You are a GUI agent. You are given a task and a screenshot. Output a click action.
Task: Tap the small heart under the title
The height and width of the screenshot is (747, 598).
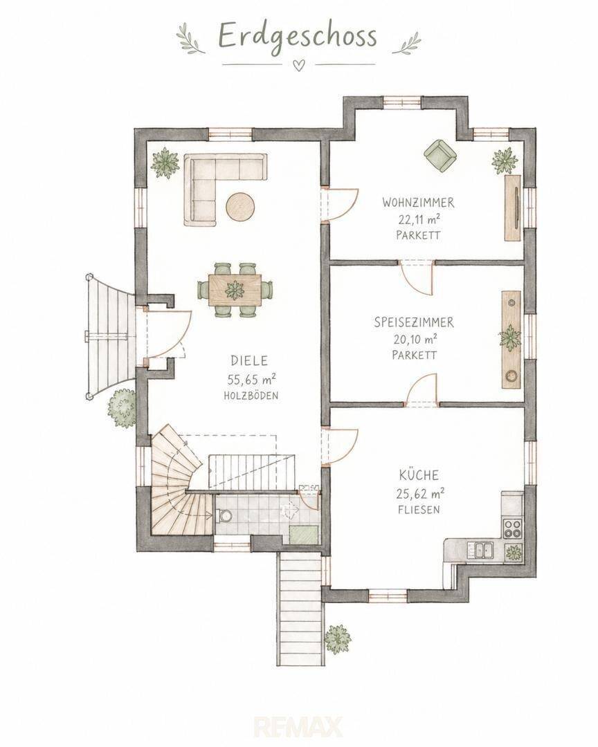coord(298,66)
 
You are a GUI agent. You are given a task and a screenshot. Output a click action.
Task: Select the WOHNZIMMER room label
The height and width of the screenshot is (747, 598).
coord(418,203)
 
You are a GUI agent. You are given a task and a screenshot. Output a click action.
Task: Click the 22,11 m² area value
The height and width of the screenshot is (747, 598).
coord(419,219)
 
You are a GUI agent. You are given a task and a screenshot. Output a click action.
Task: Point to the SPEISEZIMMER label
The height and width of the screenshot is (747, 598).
coord(414,322)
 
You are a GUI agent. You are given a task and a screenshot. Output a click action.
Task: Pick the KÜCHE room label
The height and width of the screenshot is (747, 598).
coord(419,475)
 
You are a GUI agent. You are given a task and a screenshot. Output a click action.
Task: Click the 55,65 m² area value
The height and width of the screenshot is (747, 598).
coord(252,380)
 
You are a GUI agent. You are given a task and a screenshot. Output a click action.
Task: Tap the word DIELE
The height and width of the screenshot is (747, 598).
coord(249,360)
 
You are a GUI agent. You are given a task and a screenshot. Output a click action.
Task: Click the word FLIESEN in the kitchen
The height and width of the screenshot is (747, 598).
coord(419,510)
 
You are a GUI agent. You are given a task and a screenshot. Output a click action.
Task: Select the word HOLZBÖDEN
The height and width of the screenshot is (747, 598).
coord(251,396)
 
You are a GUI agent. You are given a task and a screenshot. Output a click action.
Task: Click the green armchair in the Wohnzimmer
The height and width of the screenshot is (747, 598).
coord(440,156)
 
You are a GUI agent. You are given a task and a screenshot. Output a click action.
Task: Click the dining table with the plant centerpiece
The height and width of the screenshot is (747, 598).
coord(235,290)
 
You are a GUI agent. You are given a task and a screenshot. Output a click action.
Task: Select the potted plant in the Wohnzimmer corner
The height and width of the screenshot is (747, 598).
coord(505,161)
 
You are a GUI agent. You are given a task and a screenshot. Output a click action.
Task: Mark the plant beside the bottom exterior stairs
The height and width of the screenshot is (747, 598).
coord(338,639)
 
